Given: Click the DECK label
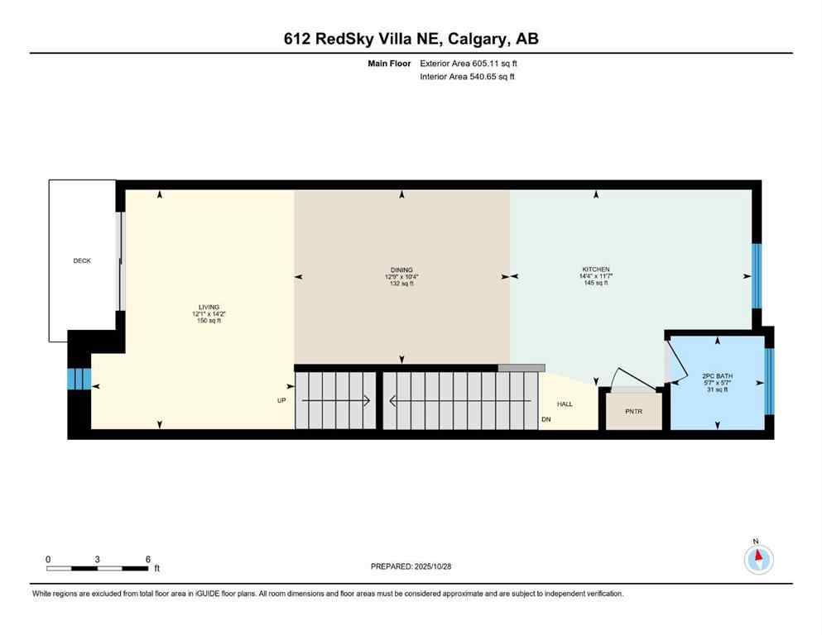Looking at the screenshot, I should (x=82, y=260).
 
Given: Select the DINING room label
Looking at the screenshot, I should (x=401, y=270).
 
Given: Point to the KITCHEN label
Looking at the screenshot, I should (x=595, y=270).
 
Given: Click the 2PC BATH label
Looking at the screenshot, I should (x=716, y=376).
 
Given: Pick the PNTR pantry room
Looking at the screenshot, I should (x=633, y=411).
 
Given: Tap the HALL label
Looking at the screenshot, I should (x=565, y=404).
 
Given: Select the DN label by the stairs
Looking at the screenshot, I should (x=546, y=420).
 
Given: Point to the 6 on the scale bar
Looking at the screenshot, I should (x=147, y=559).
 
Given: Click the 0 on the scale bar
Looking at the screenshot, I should (x=48, y=559).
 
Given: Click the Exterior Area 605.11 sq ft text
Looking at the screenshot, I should (x=469, y=63).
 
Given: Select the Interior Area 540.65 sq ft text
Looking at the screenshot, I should (x=468, y=77).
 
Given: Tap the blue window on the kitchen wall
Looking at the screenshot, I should (x=756, y=275).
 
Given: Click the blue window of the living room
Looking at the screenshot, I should (x=79, y=379).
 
